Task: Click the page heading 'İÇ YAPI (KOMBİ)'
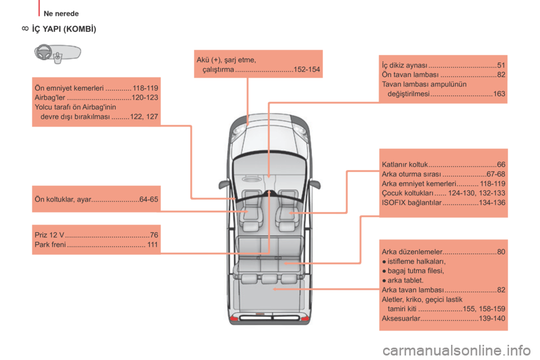tap(64, 29)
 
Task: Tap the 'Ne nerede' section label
tap(61, 13)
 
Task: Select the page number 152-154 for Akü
tap(307, 70)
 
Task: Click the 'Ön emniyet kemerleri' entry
tap(69, 88)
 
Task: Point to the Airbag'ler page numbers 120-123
tap(145, 98)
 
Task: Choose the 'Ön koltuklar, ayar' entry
tap(63, 200)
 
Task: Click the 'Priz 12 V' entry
tap(49, 235)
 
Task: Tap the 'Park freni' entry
tap(50, 245)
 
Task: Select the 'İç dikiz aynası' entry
tap(404, 65)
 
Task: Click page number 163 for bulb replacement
tap(499, 94)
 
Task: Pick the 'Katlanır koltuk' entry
tap(404, 165)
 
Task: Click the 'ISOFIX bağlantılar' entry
tap(412, 203)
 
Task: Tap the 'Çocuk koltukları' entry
tap(407, 193)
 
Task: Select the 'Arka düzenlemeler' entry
tap(412, 252)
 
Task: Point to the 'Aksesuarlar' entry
tap(401, 318)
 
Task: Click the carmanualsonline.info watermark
tap(456, 350)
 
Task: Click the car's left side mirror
tap(223, 184)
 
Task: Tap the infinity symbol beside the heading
tap(25, 29)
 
